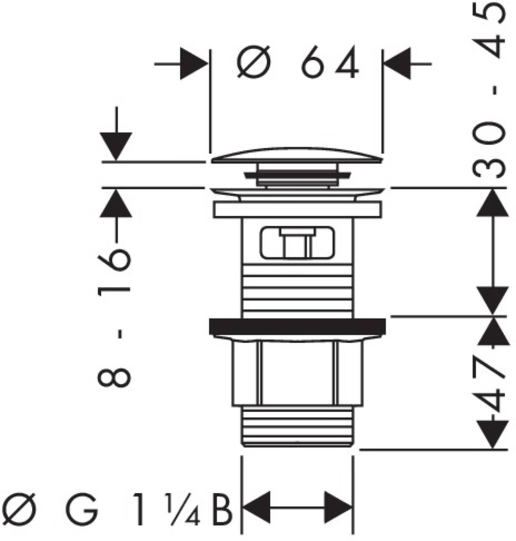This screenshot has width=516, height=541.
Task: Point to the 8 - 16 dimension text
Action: point(114,317)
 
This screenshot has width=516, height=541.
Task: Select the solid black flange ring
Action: point(297,326)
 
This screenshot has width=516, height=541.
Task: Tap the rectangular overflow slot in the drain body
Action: point(297,242)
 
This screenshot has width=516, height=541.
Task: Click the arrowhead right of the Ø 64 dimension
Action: point(397,64)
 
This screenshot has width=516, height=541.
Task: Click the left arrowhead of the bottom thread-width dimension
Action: point(257,507)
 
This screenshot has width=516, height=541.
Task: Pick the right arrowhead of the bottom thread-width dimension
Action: point(338,507)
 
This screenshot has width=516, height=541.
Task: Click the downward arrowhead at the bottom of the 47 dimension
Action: point(493,435)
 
